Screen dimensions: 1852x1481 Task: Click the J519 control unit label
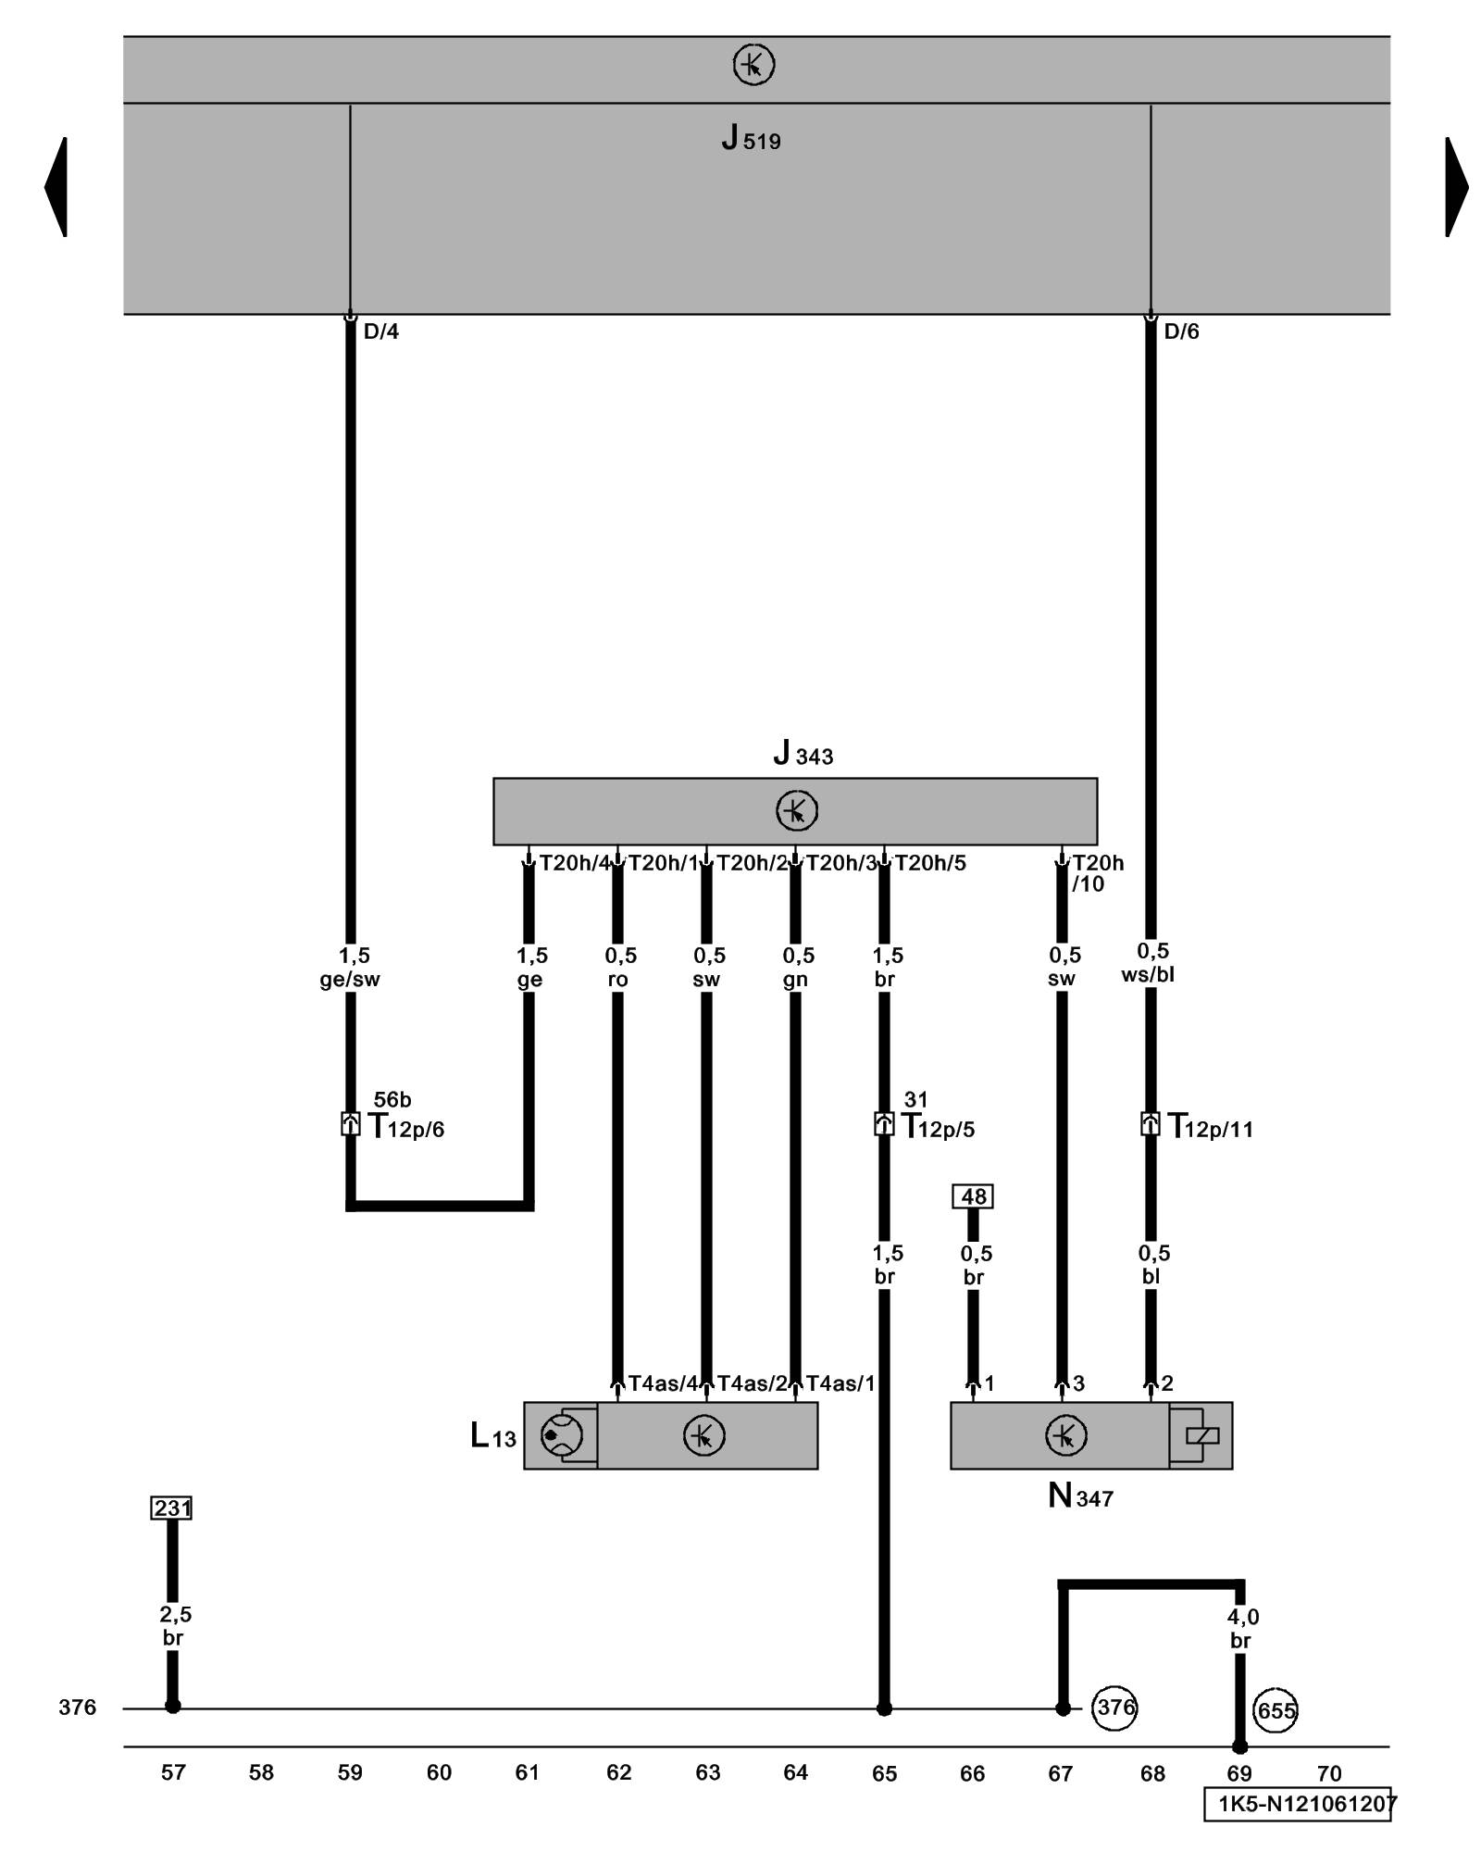click(751, 140)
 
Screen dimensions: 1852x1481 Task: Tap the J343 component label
click(803, 754)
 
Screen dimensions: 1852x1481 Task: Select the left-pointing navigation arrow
click(56, 187)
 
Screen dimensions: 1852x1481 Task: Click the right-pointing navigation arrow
click(1456, 187)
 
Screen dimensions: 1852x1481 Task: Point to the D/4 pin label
click(380, 332)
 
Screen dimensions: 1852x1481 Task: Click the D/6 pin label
click(1181, 332)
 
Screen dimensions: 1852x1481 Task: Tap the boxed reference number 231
click(172, 1508)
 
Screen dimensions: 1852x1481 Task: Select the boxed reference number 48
click(973, 1196)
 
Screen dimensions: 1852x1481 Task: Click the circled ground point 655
click(1276, 1710)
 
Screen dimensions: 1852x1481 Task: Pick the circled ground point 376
click(1114, 1706)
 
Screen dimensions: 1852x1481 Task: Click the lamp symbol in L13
click(561, 1435)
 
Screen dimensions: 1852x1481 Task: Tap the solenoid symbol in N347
click(1201, 1435)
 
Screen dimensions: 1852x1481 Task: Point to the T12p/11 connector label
click(1211, 1127)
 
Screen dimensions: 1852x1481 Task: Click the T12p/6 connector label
click(406, 1127)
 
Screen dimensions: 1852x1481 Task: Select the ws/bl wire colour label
click(1148, 975)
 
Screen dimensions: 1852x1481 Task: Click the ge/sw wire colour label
click(350, 980)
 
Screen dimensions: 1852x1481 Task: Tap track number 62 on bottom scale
click(618, 1772)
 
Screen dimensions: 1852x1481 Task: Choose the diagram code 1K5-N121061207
click(1298, 1804)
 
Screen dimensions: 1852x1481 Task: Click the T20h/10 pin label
click(1097, 873)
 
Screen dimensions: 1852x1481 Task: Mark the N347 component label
click(1080, 1496)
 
